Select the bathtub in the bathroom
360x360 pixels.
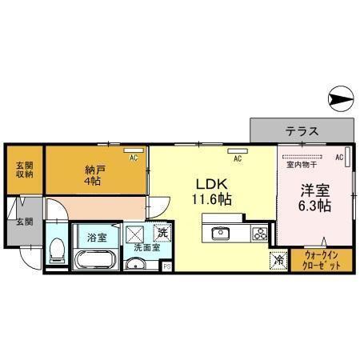tap(95, 261)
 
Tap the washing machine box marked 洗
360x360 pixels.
tap(162, 233)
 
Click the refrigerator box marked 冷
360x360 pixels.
tap(278, 259)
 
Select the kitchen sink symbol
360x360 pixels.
tap(220, 234)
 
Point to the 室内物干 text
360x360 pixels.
tap(301, 166)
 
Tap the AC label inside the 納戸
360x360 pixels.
tap(134, 158)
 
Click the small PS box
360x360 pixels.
tap(166, 266)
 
